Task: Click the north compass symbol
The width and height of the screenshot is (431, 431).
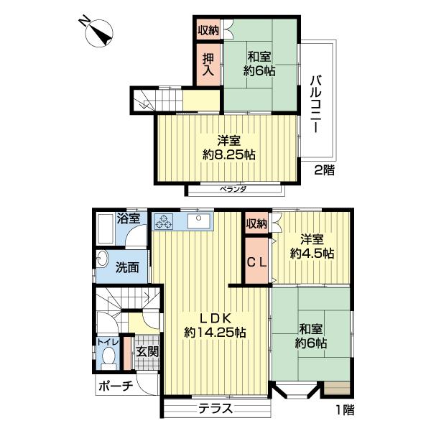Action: point(98,33)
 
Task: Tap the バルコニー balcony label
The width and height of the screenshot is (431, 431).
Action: point(316,104)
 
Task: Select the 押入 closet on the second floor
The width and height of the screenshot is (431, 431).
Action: point(208,65)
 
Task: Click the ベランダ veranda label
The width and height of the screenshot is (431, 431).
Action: point(233,189)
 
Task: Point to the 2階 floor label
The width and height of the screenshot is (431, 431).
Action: point(325,170)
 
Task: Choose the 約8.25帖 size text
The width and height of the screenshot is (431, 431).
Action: point(229,155)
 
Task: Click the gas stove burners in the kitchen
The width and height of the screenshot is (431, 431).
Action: point(164,221)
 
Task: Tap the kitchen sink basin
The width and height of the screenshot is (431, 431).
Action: point(199,221)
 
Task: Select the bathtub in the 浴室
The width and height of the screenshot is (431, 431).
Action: point(105,229)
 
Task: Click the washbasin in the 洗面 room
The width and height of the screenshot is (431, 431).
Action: point(103,259)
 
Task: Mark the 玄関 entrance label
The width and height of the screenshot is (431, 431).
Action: point(147,352)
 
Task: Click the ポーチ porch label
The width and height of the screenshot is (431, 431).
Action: point(116,386)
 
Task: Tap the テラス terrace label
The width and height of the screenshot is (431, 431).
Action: point(215,409)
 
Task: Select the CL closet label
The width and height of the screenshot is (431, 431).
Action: point(256,263)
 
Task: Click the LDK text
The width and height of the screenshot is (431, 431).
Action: point(215,318)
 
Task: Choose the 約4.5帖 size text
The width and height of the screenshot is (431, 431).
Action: point(312,253)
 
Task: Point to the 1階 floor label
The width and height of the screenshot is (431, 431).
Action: point(346,410)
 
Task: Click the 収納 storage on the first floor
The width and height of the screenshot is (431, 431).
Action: point(256,223)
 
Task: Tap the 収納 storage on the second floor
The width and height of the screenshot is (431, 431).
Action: point(208,29)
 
